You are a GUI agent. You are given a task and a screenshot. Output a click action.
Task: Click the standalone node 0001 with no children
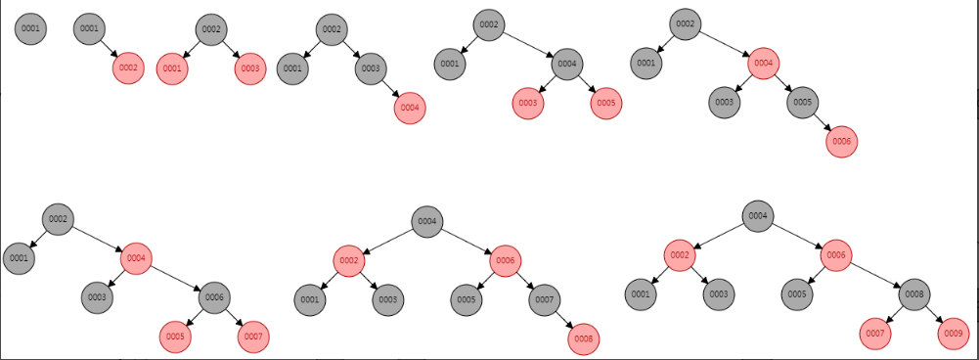pos(30,28)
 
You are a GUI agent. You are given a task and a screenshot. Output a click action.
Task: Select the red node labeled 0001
pos(172,68)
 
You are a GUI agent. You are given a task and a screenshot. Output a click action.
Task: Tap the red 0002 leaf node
pos(128,67)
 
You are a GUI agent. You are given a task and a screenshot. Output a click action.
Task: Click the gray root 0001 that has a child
pos(89,28)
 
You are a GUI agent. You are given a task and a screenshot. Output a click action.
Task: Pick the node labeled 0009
pos(954,334)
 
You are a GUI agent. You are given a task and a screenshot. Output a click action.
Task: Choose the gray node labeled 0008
pos(914,293)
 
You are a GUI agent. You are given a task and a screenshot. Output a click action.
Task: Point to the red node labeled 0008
pos(583,339)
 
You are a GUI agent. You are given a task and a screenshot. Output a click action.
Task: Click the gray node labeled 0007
pos(544,300)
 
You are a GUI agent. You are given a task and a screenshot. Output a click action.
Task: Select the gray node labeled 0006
pos(215,298)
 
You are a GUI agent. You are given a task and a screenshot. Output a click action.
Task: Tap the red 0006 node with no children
pos(841,142)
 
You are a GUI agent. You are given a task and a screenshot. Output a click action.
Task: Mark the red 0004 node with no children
pos(410,108)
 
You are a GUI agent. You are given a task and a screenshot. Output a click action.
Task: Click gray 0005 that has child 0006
pos(802,103)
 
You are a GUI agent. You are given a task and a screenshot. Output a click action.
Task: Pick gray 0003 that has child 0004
pos(371,68)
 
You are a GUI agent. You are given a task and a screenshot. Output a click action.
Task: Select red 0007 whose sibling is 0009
pos(874,334)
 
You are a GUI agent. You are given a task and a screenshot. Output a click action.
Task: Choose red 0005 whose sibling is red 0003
pos(605,103)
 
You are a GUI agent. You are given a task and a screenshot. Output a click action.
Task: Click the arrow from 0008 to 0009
pos(934,314)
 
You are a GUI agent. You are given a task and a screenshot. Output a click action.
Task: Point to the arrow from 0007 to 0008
pos(563,319)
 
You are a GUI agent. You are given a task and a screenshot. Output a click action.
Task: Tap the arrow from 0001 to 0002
pos(109,48)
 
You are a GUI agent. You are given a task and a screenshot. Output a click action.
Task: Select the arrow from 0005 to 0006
pos(822,122)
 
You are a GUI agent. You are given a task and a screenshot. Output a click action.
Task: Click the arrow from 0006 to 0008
pos(875,274)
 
